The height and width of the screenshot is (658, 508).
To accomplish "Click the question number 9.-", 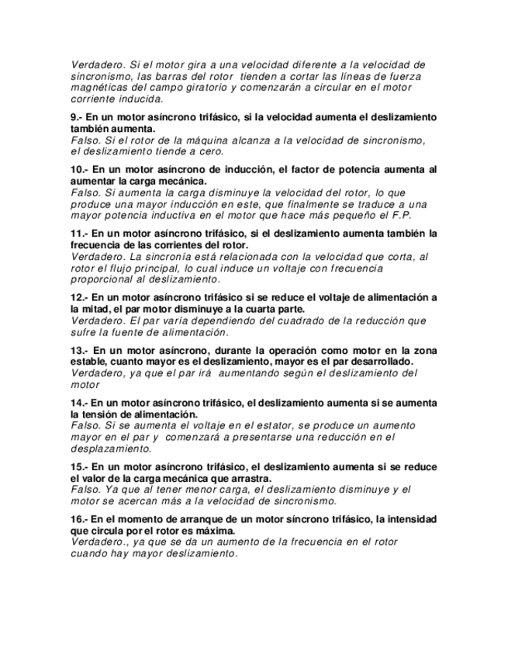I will click(78, 117).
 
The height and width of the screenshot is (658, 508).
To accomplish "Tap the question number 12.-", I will click(81, 297).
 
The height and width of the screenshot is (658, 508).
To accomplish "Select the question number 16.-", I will click(81, 519).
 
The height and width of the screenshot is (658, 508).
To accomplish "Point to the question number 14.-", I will click(81, 403).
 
